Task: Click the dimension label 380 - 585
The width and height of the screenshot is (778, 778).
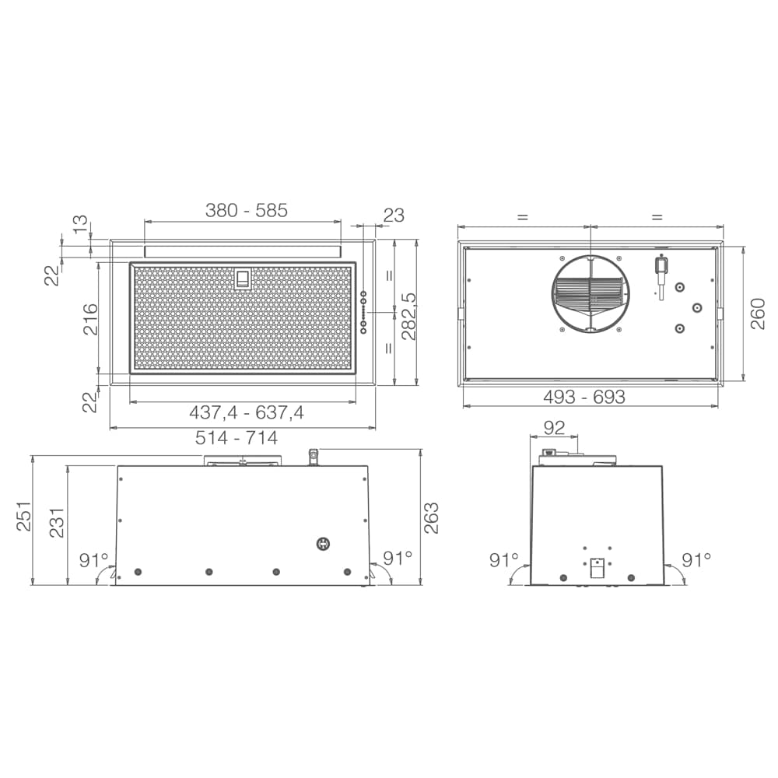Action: (247, 210)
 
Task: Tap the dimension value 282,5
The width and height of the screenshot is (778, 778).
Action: (409, 316)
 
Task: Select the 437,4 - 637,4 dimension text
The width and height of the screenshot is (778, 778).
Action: (247, 412)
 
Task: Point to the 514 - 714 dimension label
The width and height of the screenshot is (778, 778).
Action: (237, 437)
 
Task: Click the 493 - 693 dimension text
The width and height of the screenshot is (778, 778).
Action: (584, 397)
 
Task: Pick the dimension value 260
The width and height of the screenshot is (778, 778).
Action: (758, 314)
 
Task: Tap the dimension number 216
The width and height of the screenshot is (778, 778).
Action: (90, 319)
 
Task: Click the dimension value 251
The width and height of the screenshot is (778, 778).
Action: (24, 517)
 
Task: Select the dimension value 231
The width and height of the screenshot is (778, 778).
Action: (57, 522)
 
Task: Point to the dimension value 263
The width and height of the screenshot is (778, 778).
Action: (431, 518)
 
